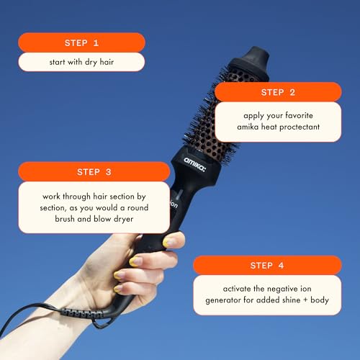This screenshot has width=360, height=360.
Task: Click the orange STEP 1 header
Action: (81, 42)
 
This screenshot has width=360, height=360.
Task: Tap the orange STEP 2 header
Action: (277, 92)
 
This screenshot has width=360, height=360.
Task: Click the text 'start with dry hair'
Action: (81, 62)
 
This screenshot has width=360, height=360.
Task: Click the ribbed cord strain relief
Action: (86, 314)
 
